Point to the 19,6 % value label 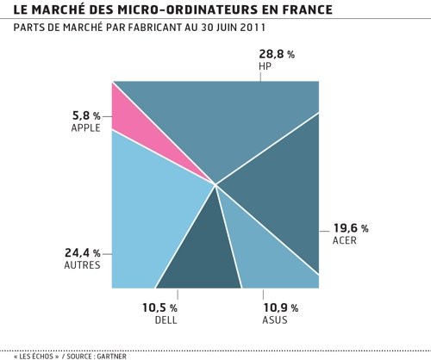(x=350, y=228)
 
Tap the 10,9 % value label (x=280, y=307)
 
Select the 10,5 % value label (x=159, y=307)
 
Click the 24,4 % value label (x=83, y=253)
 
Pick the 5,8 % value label (x=86, y=115)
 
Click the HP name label (x=265, y=66)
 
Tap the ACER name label (x=344, y=240)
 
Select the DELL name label (x=166, y=320)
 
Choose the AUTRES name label (x=83, y=265)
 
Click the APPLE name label (x=86, y=127)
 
